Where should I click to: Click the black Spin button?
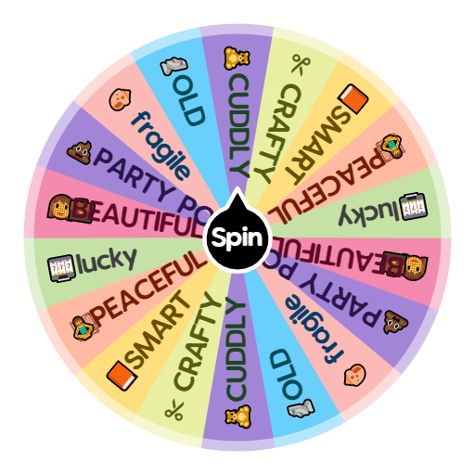[237, 237]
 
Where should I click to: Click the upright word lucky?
[106, 261]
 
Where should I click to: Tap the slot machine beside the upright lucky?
[61, 267]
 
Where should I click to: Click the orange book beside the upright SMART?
[120, 375]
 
